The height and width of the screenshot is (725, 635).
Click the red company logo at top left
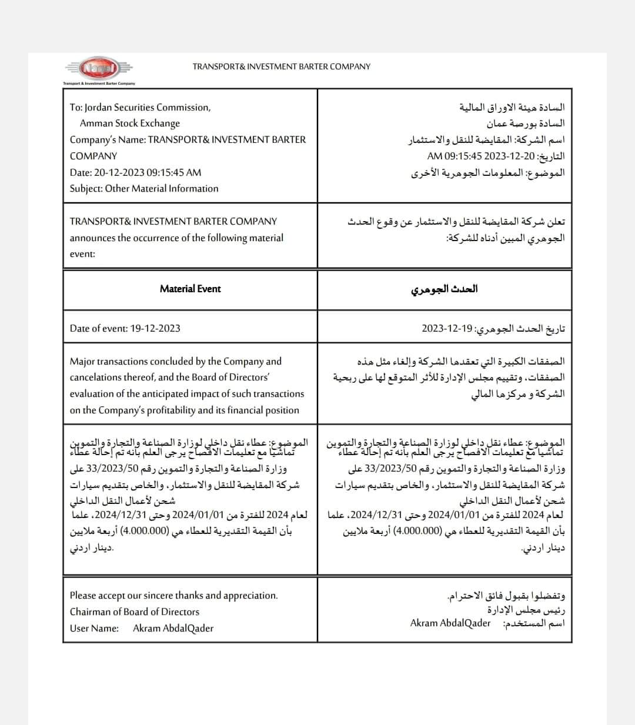pos(93,69)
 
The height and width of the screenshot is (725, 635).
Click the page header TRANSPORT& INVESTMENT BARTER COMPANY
pos(281,66)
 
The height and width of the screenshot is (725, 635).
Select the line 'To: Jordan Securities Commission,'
pos(140,107)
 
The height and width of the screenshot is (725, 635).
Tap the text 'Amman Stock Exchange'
pos(130,123)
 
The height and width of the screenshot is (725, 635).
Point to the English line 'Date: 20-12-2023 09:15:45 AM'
pos(135,172)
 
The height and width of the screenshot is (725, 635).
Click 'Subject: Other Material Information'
pos(144,189)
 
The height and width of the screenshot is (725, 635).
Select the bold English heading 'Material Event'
pos(190,289)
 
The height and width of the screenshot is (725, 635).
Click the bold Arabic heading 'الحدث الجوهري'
pos(444,289)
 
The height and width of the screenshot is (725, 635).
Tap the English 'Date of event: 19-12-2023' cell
pos(125,328)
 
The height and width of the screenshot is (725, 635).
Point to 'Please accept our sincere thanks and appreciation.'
pos(173,595)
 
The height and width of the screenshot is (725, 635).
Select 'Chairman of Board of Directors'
pos(134,612)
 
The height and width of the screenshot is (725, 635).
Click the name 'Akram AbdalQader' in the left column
pos(173,628)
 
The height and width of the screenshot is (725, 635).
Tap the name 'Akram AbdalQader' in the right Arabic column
pos(450,623)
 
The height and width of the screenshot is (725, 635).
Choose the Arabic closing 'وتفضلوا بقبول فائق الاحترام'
pos(506,596)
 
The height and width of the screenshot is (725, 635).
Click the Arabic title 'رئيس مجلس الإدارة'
pos(526,610)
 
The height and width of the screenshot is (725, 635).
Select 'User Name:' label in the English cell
pos(94,628)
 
